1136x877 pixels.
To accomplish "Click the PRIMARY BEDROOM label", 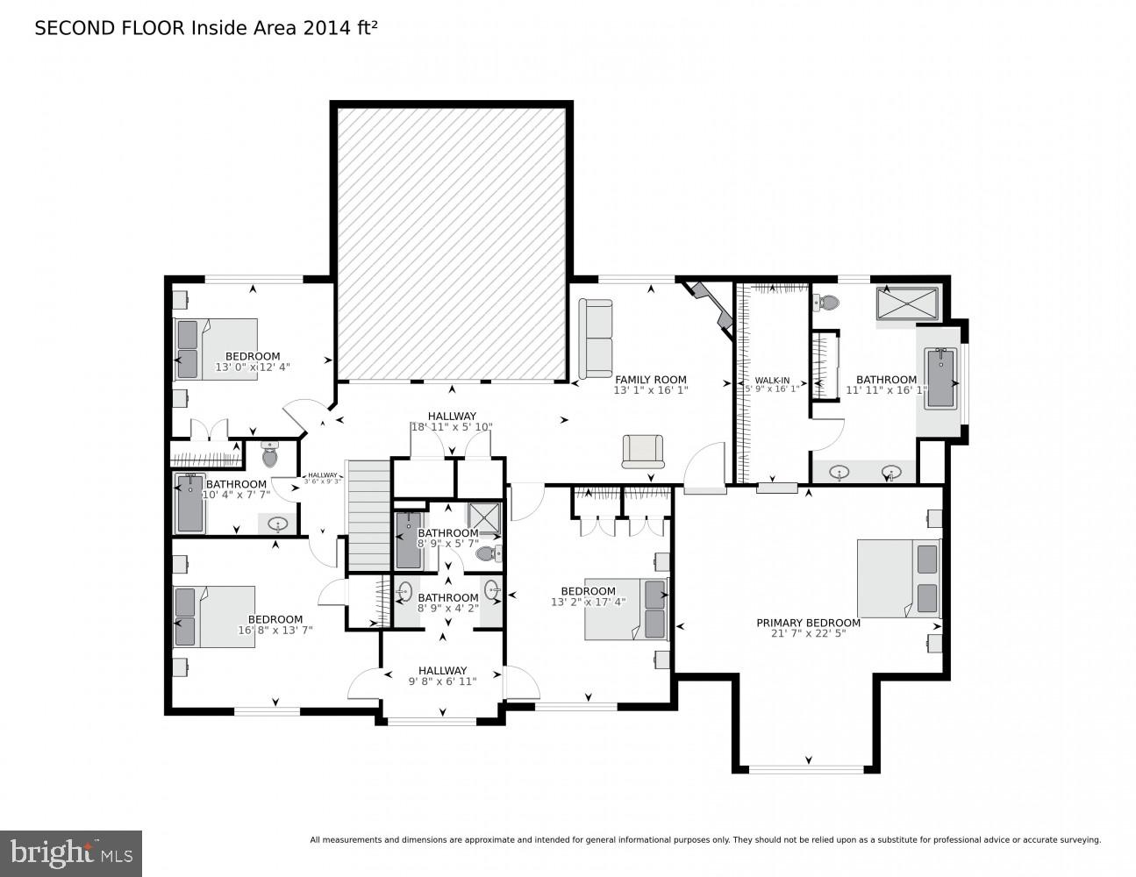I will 808,623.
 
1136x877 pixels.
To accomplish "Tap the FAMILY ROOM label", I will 650,380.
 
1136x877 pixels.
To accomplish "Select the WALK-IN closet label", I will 772,381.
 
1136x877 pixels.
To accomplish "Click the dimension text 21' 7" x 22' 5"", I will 808,634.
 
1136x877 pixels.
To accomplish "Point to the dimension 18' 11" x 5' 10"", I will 452,427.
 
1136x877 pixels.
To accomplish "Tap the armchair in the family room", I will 643,451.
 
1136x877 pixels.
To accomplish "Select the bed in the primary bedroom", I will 897,578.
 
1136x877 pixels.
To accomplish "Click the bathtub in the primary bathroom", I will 940,378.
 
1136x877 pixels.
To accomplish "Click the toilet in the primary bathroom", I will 826,303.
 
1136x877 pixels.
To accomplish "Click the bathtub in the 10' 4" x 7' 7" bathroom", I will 189,503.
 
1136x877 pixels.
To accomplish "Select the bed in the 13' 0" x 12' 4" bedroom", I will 216,348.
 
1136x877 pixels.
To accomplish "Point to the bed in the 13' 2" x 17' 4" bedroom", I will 626,609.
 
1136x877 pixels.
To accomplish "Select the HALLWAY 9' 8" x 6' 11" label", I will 442,675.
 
